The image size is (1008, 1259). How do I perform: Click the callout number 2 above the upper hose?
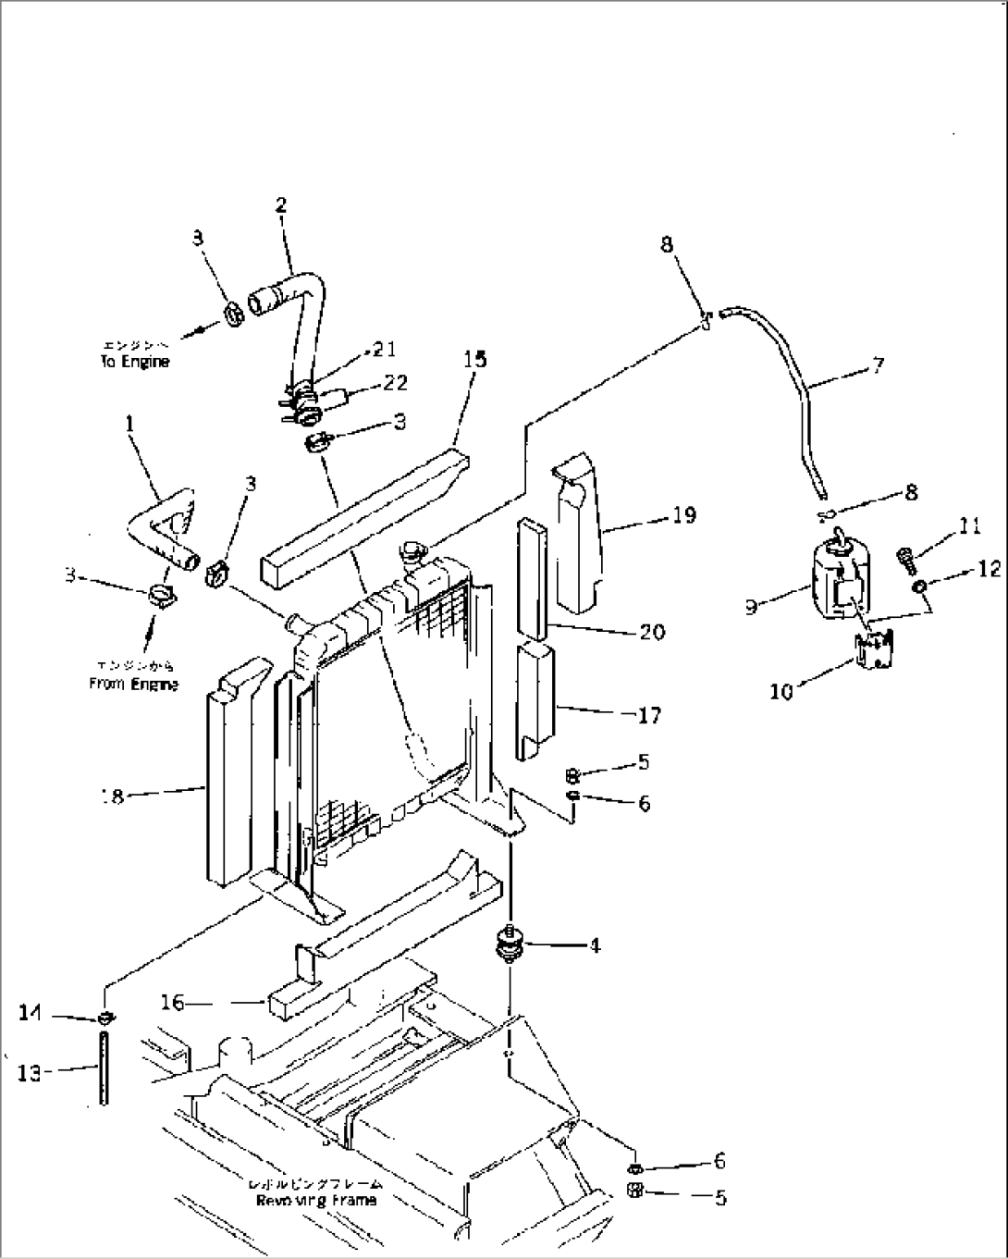click(x=280, y=204)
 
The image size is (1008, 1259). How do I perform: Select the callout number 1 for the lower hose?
click(x=129, y=424)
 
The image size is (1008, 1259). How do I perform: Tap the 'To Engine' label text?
click(x=135, y=362)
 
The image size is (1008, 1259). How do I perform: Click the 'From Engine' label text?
click(x=134, y=685)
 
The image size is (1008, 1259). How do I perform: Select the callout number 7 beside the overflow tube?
click(x=877, y=364)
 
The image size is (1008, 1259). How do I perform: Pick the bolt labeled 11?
click(x=905, y=557)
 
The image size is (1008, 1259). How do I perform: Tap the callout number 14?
click(x=31, y=1014)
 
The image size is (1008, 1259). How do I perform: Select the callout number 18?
click(x=113, y=796)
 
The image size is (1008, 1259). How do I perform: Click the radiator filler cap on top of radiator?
click(x=410, y=554)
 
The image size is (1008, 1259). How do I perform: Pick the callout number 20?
click(x=652, y=632)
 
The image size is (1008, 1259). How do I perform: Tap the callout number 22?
click(x=395, y=382)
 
